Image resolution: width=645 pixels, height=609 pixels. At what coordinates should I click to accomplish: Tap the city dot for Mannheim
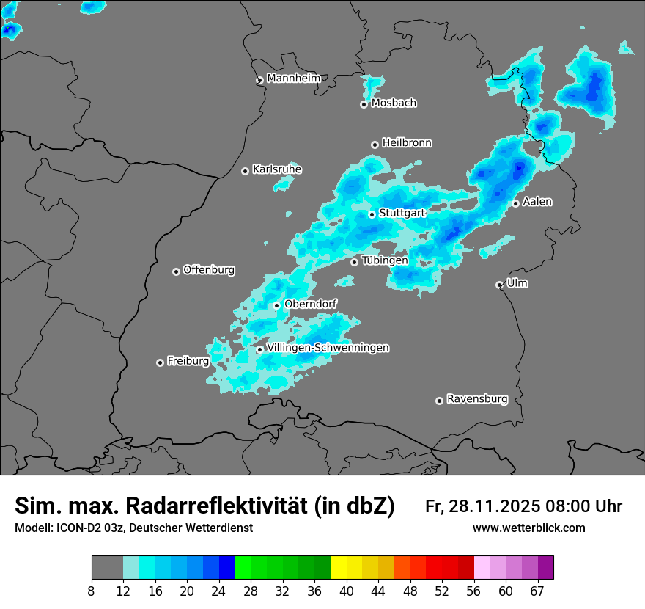click(x=259, y=81)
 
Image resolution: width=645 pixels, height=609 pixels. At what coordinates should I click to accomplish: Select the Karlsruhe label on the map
click(x=277, y=169)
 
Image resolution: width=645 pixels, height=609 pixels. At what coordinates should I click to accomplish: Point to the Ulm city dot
click(x=500, y=285)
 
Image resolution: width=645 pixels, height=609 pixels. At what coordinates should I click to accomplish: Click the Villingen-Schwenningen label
click(x=328, y=348)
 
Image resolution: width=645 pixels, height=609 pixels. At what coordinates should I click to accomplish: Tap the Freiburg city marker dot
click(x=160, y=362)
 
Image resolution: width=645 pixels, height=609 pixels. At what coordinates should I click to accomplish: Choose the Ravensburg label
click(x=477, y=399)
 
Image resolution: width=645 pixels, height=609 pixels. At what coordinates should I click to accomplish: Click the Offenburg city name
click(x=209, y=270)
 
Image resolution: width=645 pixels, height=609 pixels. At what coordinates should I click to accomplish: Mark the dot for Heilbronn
click(x=375, y=145)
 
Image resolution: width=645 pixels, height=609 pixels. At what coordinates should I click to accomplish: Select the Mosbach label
click(x=394, y=103)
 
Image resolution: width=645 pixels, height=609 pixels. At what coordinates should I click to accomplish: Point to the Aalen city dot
click(x=516, y=203)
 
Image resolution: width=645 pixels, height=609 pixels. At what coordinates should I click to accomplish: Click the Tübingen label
click(x=385, y=260)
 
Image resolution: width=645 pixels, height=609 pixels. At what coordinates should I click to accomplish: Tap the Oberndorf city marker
click(x=276, y=305)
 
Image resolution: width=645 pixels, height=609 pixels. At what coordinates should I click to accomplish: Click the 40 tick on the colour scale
click(x=347, y=591)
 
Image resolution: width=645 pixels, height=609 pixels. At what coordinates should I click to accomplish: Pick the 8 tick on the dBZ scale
click(x=92, y=591)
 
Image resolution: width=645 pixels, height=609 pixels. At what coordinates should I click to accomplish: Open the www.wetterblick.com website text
click(x=528, y=528)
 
